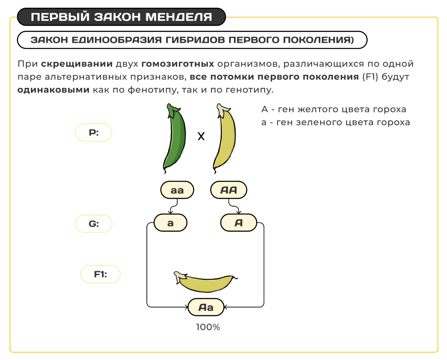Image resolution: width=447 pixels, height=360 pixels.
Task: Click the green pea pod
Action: point(175,139)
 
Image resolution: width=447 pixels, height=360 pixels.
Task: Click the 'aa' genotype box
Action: point(177,190)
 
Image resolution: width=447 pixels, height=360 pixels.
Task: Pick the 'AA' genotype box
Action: point(229,190)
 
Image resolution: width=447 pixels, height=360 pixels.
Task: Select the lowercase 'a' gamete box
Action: point(170,223)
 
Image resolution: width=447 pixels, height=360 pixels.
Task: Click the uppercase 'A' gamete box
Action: point(239,223)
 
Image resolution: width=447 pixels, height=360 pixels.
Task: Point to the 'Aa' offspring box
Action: point(206,307)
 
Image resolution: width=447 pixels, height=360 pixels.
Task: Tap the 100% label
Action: point(208,327)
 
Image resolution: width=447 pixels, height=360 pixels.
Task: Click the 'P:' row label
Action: point(94,132)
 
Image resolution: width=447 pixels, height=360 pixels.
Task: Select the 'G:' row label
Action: point(94,224)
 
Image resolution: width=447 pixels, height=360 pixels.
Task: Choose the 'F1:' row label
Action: point(100,274)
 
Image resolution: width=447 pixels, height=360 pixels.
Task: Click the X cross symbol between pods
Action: point(201,137)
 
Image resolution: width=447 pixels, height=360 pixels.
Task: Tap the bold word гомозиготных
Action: point(178,64)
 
